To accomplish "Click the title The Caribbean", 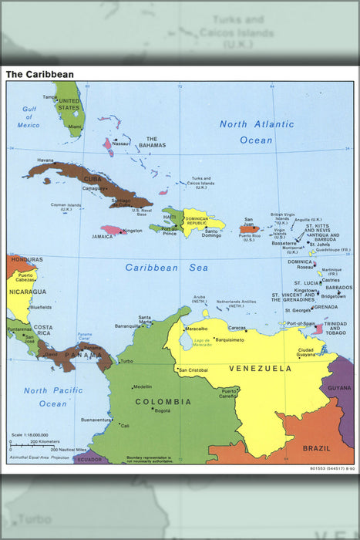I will pyautogui.click(x=40, y=75).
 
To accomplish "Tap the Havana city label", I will pyautogui.click(x=45, y=160).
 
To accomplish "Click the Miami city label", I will pyautogui.click(x=74, y=127).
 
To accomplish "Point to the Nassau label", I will pyautogui.click(x=121, y=143).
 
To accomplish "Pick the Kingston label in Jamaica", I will pyautogui.click(x=133, y=231).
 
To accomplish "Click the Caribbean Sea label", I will pyautogui.click(x=167, y=268).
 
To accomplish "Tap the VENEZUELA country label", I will pyautogui.click(x=261, y=369).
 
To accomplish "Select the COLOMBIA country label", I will pyautogui.click(x=163, y=402).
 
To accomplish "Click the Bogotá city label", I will pyautogui.click(x=162, y=410).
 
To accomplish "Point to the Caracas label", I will pyautogui.click(x=237, y=328).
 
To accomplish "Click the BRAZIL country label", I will pyautogui.click(x=316, y=448).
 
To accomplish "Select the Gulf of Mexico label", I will pyautogui.click(x=29, y=117).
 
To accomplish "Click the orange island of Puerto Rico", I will pyautogui.click(x=248, y=228).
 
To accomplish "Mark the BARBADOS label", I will pyautogui.click(x=339, y=288).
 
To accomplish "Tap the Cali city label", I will pyautogui.click(x=125, y=426).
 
